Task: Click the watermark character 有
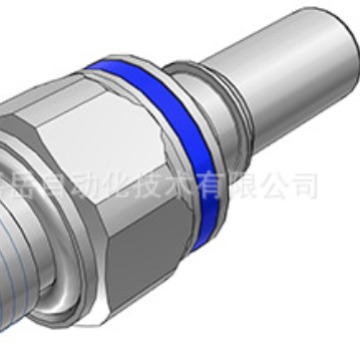tap(231, 186)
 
